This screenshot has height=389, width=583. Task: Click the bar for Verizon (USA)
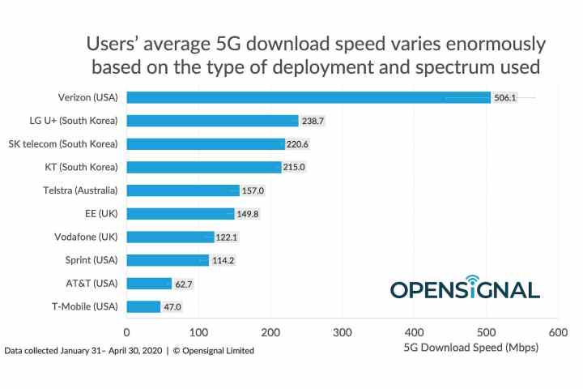coord(308,97)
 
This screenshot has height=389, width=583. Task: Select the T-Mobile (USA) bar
coord(143,307)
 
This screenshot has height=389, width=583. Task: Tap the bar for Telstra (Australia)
coord(183,190)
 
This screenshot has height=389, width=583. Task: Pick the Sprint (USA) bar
coord(168,260)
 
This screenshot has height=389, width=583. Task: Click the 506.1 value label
coord(504,97)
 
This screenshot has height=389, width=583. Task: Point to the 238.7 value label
coord(312,121)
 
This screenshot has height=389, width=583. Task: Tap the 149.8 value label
coord(248,214)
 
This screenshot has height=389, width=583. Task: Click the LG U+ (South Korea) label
coord(74,121)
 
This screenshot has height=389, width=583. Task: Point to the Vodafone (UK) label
coord(86,237)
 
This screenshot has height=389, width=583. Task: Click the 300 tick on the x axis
coord(343,332)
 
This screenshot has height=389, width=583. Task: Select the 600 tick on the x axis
coord(558,332)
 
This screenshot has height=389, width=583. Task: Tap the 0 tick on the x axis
coord(127,332)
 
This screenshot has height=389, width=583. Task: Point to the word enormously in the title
coord(487,43)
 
